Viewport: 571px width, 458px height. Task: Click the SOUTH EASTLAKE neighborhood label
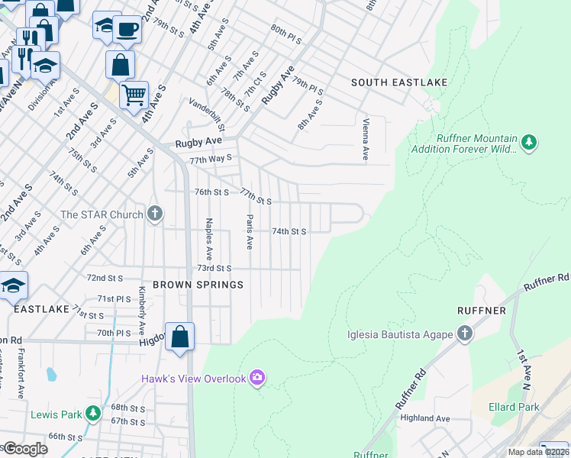pyautogui.click(x=398, y=82)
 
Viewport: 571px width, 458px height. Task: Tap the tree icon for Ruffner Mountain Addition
pyautogui.click(x=528, y=142)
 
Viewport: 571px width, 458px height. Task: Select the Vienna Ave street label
pyautogui.click(x=366, y=140)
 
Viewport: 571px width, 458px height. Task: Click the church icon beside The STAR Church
pyautogui.click(x=155, y=214)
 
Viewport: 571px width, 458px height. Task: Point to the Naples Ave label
pyautogui.click(x=208, y=239)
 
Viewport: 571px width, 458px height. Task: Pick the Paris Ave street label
pyautogui.click(x=249, y=232)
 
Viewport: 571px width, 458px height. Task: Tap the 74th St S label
pyautogui.click(x=289, y=231)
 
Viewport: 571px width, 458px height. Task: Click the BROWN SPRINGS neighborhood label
pyautogui.click(x=198, y=285)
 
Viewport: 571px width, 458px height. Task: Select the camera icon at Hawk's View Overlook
pyautogui.click(x=258, y=378)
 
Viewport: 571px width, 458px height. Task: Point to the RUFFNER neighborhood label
pyautogui.click(x=481, y=311)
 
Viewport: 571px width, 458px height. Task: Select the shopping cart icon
pyautogui.click(x=134, y=95)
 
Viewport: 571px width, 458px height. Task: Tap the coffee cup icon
pyautogui.click(x=127, y=29)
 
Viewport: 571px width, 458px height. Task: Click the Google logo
pyautogui.click(x=25, y=448)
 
